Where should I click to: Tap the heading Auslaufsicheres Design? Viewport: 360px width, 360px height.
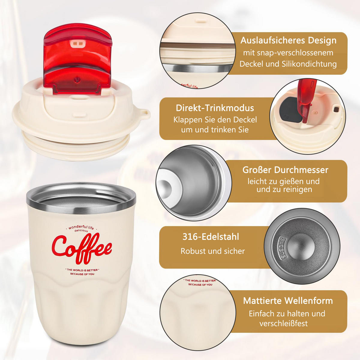click(288, 40)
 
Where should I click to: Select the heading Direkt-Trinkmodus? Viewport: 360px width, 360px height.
click(215, 108)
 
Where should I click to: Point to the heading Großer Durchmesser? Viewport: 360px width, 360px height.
click(285, 170)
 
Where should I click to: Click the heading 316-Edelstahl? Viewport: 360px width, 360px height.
click(211, 237)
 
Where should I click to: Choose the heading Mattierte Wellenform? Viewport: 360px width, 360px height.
click(288, 301)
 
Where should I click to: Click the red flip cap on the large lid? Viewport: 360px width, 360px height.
click(78, 58)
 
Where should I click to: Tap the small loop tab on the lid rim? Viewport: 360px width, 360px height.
click(145, 114)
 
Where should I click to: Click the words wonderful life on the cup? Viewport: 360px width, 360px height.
click(81, 227)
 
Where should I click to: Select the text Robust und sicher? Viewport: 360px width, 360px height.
click(213, 251)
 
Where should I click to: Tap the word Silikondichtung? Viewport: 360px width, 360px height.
click(309, 64)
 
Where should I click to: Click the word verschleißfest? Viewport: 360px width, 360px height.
click(283, 323)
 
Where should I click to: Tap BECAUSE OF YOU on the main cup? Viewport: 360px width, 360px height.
click(82, 274)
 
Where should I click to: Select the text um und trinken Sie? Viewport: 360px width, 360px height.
click(215, 130)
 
